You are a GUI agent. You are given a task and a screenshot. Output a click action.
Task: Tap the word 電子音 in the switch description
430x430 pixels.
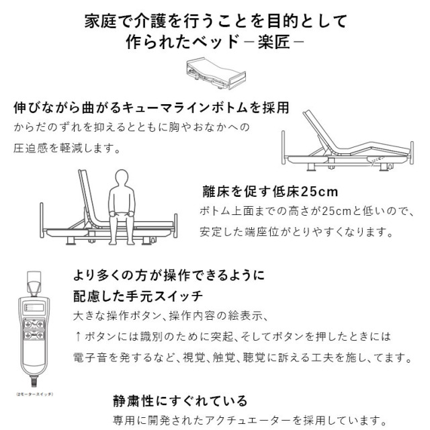[x=89, y=355]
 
